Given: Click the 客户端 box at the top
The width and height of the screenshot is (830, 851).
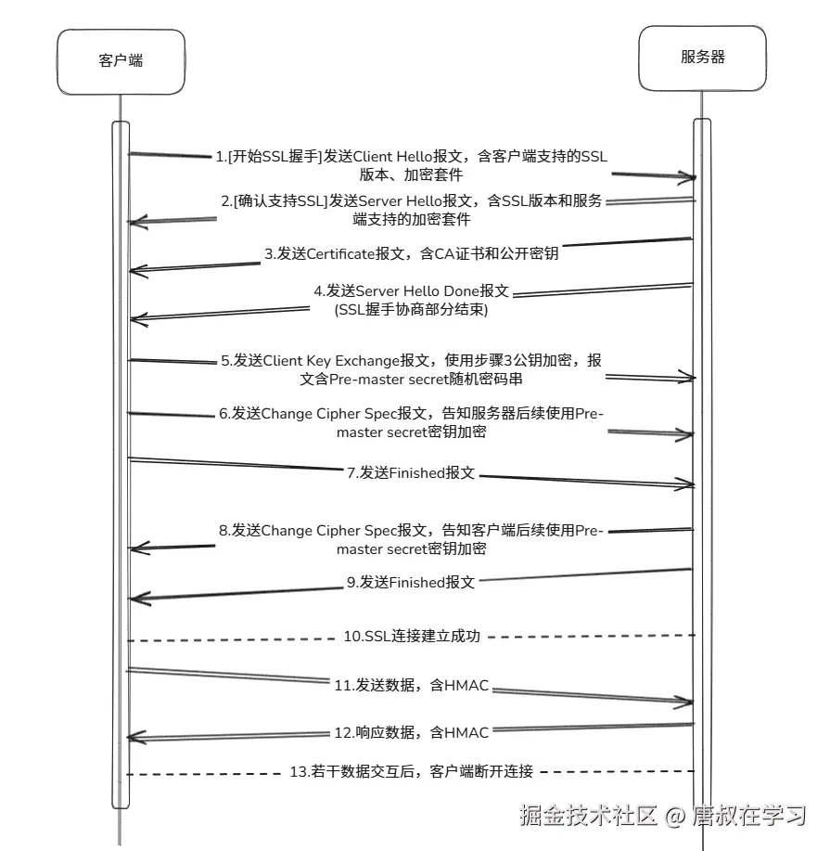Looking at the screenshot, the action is (x=121, y=62).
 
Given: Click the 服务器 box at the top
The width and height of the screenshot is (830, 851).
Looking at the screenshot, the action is (x=703, y=58).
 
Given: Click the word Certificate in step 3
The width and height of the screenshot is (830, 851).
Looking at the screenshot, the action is (x=340, y=253).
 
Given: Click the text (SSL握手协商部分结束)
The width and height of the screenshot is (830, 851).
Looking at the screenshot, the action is (x=411, y=309).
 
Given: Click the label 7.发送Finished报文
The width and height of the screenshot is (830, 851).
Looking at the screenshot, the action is (x=411, y=472).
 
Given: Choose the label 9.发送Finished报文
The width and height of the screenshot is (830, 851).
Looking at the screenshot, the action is (x=411, y=583).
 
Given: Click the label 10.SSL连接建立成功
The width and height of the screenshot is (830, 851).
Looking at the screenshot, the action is (x=412, y=636).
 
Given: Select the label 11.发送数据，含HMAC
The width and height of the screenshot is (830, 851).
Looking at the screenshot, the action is (x=411, y=685).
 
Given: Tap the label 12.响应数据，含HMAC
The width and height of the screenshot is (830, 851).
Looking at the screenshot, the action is (x=411, y=733).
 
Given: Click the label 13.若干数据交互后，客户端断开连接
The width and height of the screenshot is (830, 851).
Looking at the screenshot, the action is (x=411, y=771).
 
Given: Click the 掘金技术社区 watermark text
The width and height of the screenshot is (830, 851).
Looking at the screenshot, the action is (x=588, y=815).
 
